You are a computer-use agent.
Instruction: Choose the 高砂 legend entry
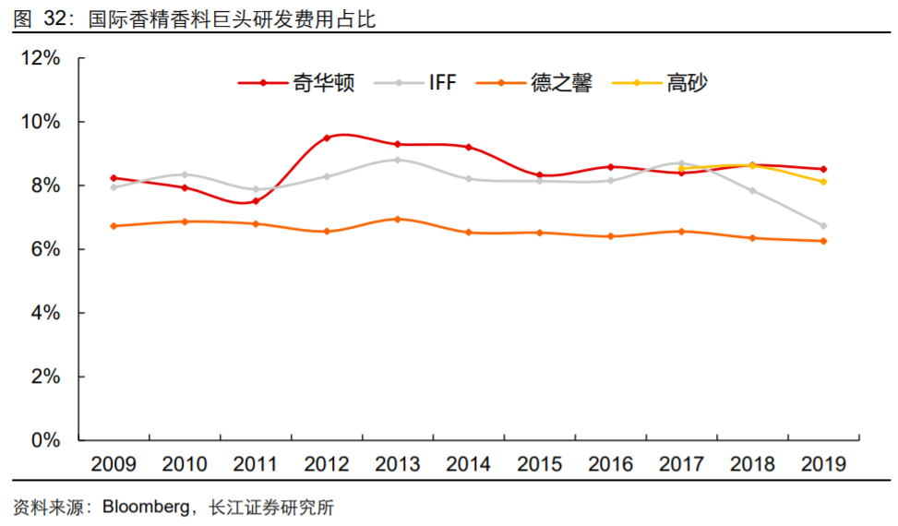(686, 83)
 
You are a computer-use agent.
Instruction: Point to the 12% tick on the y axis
(40, 58)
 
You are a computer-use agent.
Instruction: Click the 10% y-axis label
(40, 122)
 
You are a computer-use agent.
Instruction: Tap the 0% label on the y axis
(46, 440)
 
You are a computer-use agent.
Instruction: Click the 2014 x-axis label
(469, 464)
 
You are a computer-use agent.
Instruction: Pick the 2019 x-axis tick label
(823, 464)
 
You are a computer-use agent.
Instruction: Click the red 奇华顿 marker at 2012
(327, 138)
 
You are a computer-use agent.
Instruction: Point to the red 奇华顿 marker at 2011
(256, 201)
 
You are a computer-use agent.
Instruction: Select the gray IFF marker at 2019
(823, 226)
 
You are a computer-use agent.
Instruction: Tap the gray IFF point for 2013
(398, 160)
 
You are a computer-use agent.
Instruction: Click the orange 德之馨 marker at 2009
(114, 226)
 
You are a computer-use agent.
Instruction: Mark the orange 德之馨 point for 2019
(823, 241)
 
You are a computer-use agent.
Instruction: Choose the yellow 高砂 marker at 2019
(823, 182)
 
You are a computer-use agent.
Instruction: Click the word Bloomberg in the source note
(147, 508)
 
